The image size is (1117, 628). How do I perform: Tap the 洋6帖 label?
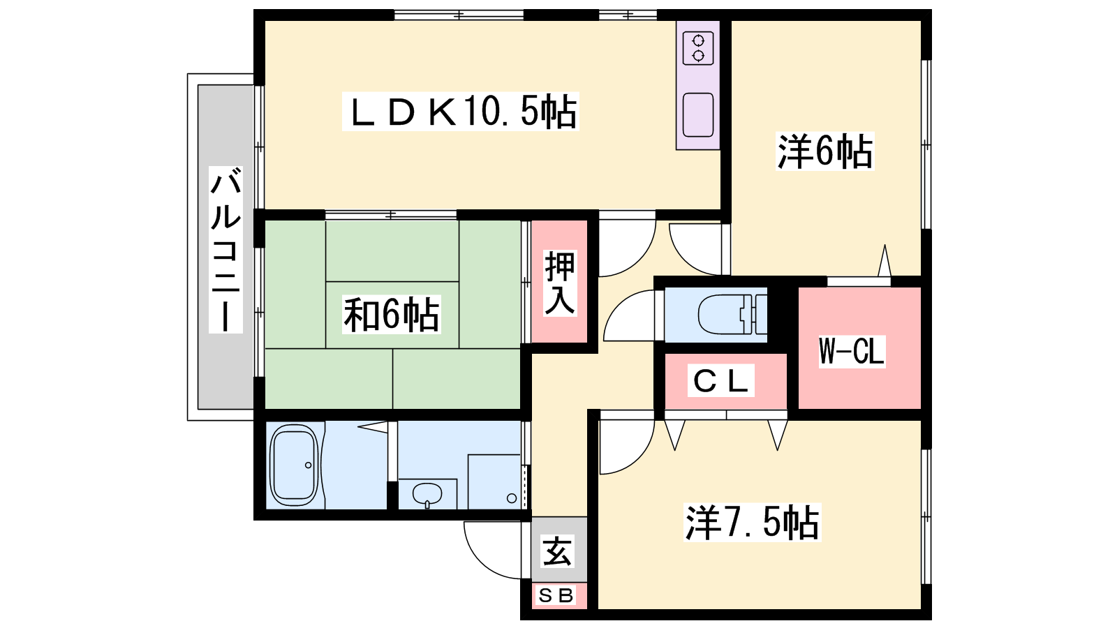point(824,151)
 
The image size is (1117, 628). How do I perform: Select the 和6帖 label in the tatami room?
point(392,315)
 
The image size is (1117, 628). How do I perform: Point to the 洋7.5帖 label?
point(752,523)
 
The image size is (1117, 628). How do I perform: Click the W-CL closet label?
point(852,351)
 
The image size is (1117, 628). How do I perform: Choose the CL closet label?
point(720,381)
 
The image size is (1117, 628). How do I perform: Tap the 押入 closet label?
point(559,283)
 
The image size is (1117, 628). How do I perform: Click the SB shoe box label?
point(556,595)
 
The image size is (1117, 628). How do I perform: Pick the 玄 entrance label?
point(558,551)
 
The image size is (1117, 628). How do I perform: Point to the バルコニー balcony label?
point(225,250)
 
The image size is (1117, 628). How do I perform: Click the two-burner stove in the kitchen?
point(698,48)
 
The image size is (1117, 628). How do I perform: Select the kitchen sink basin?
point(698,114)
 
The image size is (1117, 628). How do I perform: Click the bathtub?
point(294,465)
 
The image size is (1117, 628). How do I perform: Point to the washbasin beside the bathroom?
point(427,495)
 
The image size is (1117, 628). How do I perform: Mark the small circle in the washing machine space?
point(512,498)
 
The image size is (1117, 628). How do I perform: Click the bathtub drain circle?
point(308,465)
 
